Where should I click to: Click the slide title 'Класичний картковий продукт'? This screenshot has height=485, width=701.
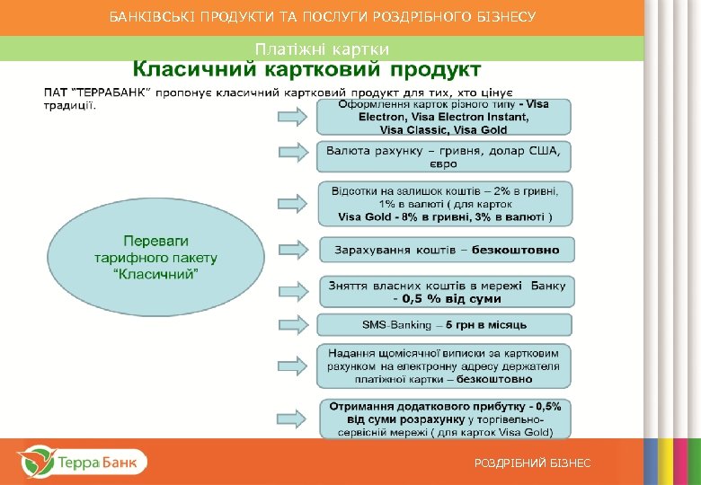point(307,69)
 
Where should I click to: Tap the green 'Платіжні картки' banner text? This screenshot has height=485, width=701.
point(322,48)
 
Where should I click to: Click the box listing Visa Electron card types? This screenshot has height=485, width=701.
point(444,117)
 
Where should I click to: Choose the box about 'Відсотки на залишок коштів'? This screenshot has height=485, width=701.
point(444,204)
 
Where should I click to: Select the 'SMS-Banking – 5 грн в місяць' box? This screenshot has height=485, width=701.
point(444,324)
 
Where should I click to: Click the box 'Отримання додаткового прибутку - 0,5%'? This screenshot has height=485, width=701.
point(444,419)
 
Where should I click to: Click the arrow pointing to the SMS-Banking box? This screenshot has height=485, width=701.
point(294,324)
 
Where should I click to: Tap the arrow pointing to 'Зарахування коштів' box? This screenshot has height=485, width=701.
point(294,250)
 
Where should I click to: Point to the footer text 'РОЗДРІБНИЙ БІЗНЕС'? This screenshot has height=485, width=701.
point(533,463)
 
